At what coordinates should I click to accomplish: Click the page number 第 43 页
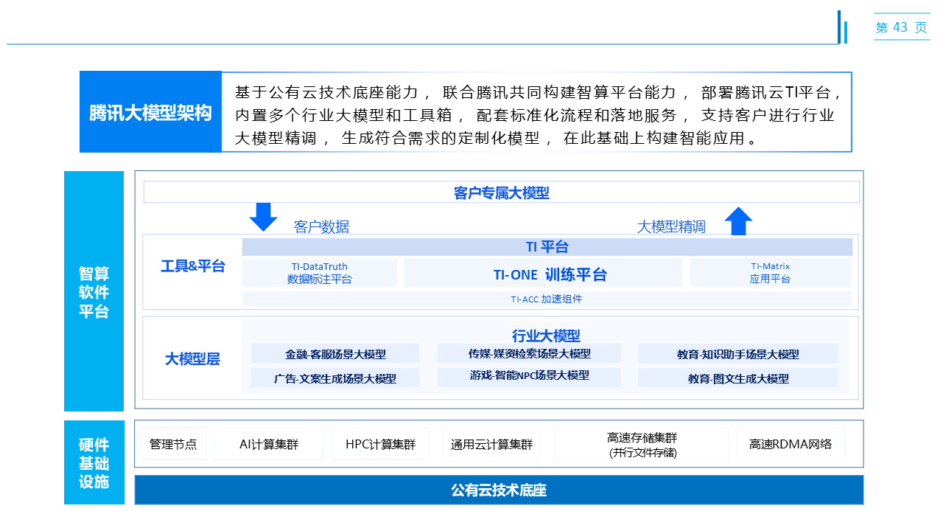(901, 28)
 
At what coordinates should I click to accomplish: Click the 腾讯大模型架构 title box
(150, 112)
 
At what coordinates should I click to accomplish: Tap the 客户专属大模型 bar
(501, 192)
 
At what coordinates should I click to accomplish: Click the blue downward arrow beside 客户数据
(263, 217)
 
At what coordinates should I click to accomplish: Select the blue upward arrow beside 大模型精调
(738, 221)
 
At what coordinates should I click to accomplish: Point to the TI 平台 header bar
(547, 247)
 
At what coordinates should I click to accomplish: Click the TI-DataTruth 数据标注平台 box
(319, 273)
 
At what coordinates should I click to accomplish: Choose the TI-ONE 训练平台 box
(543, 274)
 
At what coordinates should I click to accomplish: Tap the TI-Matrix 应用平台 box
(770, 273)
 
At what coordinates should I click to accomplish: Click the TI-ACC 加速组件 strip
(547, 299)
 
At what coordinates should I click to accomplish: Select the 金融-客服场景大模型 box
(335, 354)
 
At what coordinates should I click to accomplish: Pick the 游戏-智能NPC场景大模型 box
(529, 375)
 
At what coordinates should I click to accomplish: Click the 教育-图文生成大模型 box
(738, 378)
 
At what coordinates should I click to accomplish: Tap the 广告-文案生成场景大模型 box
(335, 378)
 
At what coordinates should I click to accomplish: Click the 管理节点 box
(173, 444)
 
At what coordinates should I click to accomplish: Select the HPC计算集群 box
(380, 444)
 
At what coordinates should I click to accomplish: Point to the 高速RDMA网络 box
(790, 444)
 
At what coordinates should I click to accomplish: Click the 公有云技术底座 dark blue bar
(499, 490)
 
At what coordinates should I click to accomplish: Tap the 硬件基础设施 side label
(94, 463)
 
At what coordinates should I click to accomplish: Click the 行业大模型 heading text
(546, 336)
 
